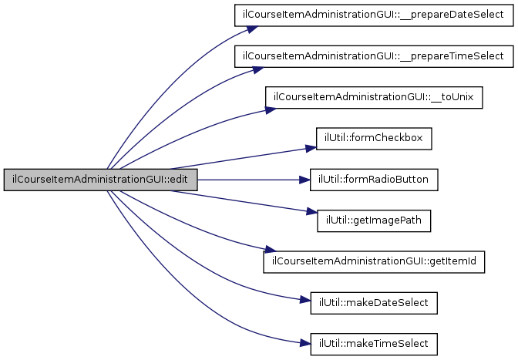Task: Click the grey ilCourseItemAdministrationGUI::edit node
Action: point(100,180)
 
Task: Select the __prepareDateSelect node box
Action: point(373,15)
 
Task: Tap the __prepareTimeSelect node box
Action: point(373,56)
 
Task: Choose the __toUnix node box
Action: point(374,98)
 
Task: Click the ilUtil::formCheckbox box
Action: point(374,139)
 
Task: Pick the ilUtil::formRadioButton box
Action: point(374,180)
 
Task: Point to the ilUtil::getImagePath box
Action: point(374,220)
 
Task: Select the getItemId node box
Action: point(374,262)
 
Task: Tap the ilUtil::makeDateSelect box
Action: point(374,303)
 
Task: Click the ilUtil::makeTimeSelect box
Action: point(374,344)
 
